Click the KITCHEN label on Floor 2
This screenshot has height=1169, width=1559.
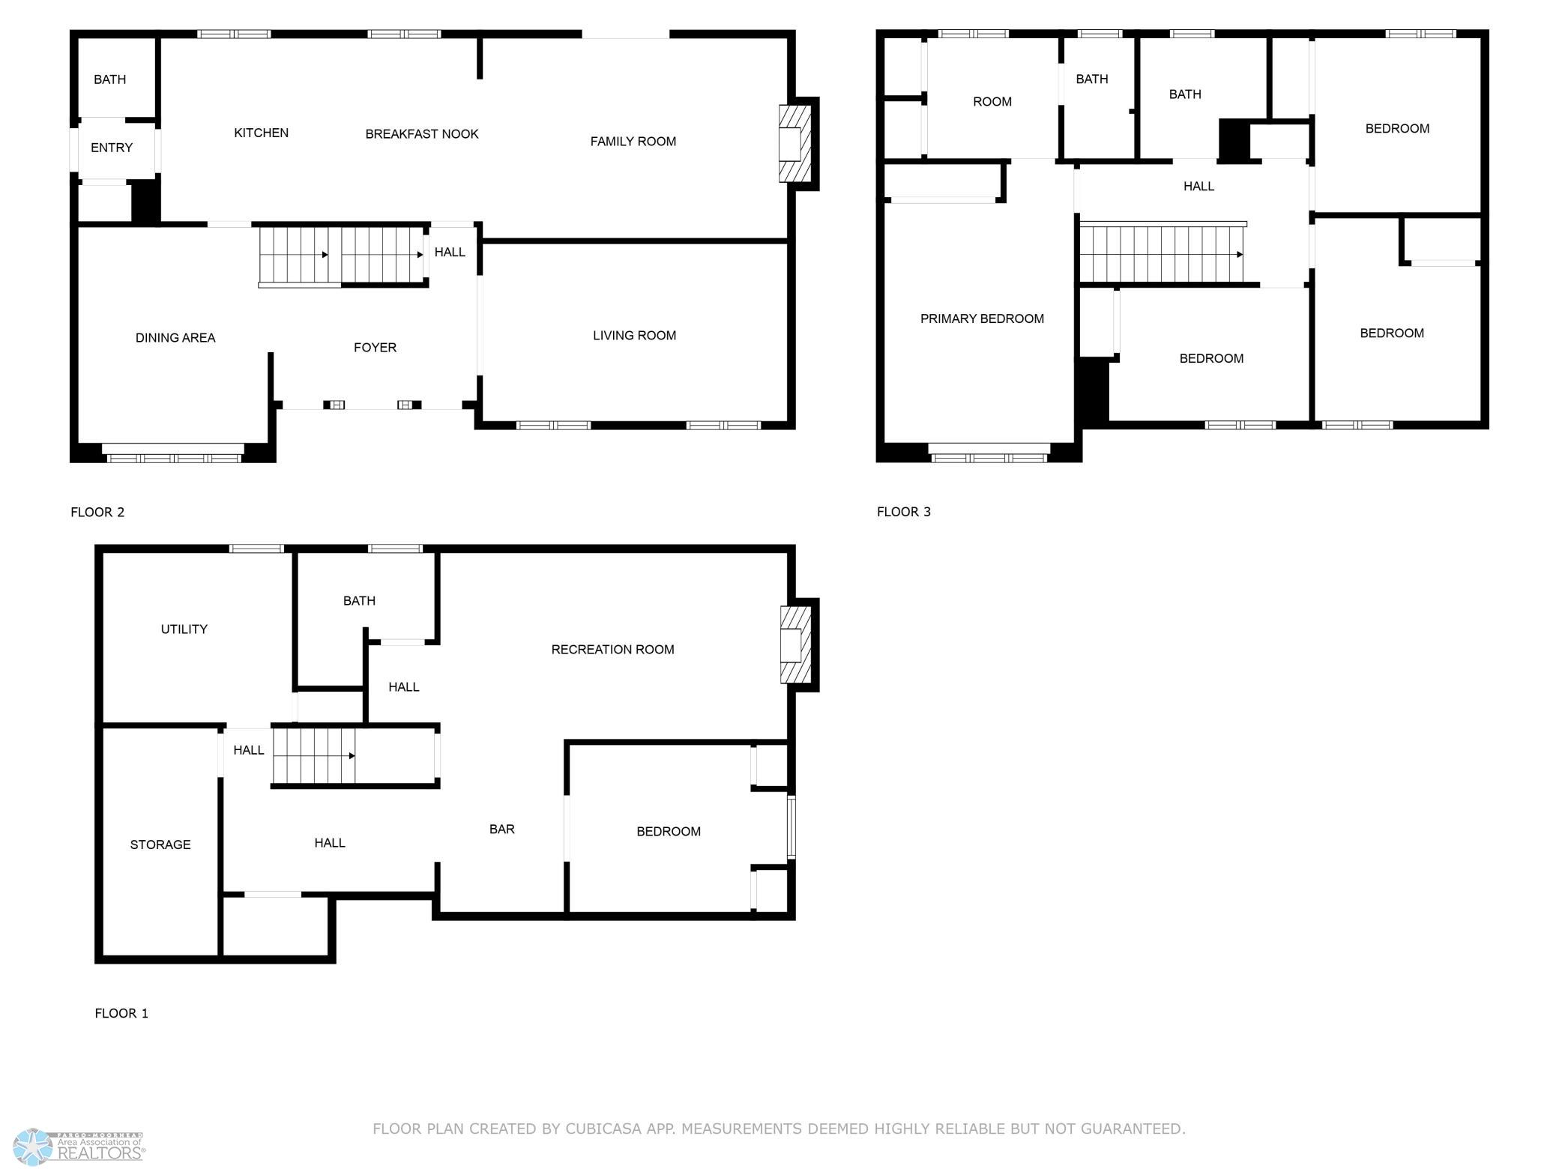[261, 133]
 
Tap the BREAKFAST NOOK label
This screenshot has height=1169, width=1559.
[422, 134]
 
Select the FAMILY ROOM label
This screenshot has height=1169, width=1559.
[633, 141]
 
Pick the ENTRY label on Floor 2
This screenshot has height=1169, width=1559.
[112, 148]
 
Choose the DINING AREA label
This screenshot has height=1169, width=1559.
[175, 338]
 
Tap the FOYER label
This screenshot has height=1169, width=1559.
[375, 348]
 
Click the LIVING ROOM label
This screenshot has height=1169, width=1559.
[635, 336]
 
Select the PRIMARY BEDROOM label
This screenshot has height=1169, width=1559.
[982, 318]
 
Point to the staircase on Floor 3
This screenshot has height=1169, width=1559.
[1163, 254]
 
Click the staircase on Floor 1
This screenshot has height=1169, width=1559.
[313, 755]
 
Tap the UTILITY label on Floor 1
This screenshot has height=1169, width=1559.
[184, 629]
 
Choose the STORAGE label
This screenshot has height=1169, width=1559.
[160, 845]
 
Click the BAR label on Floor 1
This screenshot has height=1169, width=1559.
[502, 829]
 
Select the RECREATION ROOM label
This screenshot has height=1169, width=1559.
[613, 650]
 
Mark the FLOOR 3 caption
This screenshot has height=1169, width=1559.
[904, 512]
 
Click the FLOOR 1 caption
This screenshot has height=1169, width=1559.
[121, 1013]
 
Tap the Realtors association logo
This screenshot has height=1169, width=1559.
[79, 1147]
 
